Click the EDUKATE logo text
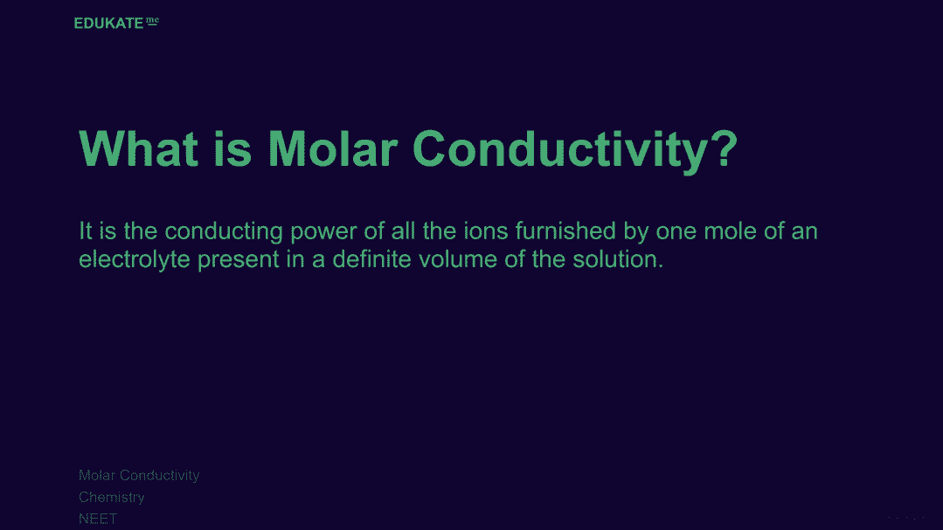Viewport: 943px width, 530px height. point(109,23)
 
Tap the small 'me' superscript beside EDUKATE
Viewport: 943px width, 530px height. point(152,21)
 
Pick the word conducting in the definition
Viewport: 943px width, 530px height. point(223,231)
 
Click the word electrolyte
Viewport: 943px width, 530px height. point(134,259)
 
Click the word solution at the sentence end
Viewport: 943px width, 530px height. point(618,259)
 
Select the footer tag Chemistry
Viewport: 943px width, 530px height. point(111,498)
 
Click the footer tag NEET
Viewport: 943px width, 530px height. point(98,519)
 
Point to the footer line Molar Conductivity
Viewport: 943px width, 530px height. point(139,475)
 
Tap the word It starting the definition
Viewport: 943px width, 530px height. point(86,231)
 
